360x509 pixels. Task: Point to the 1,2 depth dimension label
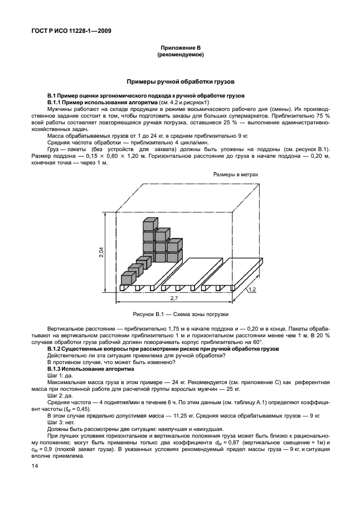point(252,289)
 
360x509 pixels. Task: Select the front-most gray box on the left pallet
point(127,278)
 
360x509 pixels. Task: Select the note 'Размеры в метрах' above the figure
point(236,174)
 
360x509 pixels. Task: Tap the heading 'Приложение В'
point(182,49)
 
